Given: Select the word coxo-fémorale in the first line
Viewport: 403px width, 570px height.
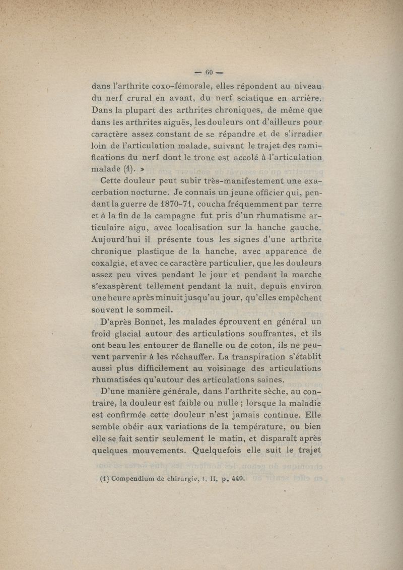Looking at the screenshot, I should [174, 86].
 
